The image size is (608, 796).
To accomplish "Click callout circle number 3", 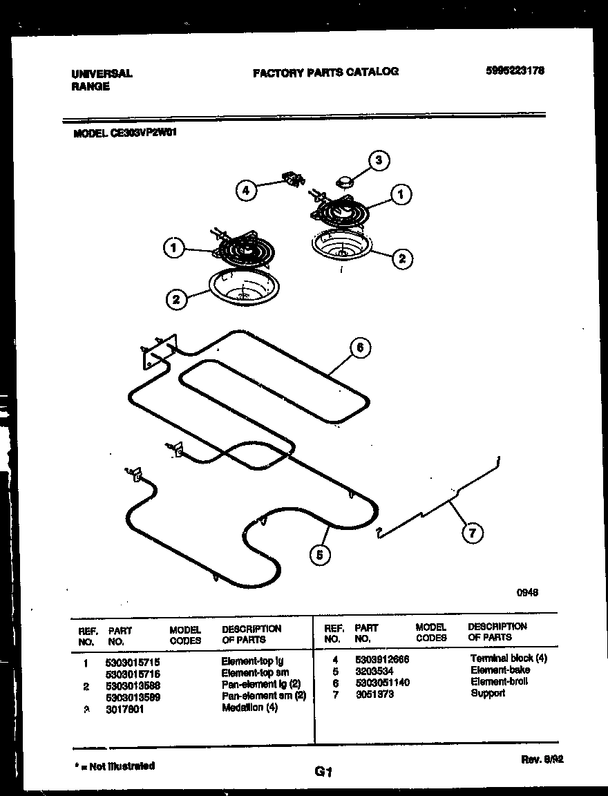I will pyautogui.click(x=377, y=161).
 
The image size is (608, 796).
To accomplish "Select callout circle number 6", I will pyautogui.click(x=360, y=348).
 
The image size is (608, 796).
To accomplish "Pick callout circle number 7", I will pyautogui.click(x=472, y=533).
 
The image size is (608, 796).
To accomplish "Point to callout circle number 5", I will pyautogui.click(x=319, y=553).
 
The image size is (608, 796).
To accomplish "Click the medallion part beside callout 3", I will pyautogui.click(x=343, y=181).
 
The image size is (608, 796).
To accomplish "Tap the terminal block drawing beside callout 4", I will pyautogui.click(x=294, y=180).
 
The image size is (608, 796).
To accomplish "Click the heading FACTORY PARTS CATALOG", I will pyautogui.click(x=325, y=71).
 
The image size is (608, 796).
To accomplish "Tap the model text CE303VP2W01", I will pyautogui.click(x=143, y=135).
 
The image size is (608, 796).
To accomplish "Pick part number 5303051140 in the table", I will pyautogui.click(x=382, y=682).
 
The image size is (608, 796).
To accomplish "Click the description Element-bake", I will pyautogui.click(x=500, y=670).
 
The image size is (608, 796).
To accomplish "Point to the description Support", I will pyautogui.click(x=488, y=693).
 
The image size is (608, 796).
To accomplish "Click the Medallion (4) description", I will pyautogui.click(x=249, y=708).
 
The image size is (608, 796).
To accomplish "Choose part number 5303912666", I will pyautogui.click(x=382, y=659).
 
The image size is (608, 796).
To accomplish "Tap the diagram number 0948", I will pyautogui.click(x=527, y=592).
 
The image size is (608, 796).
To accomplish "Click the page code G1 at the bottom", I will pyautogui.click(x=324, y=773).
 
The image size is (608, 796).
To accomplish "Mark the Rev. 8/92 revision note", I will pyautogui.click(x=542, y=759).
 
